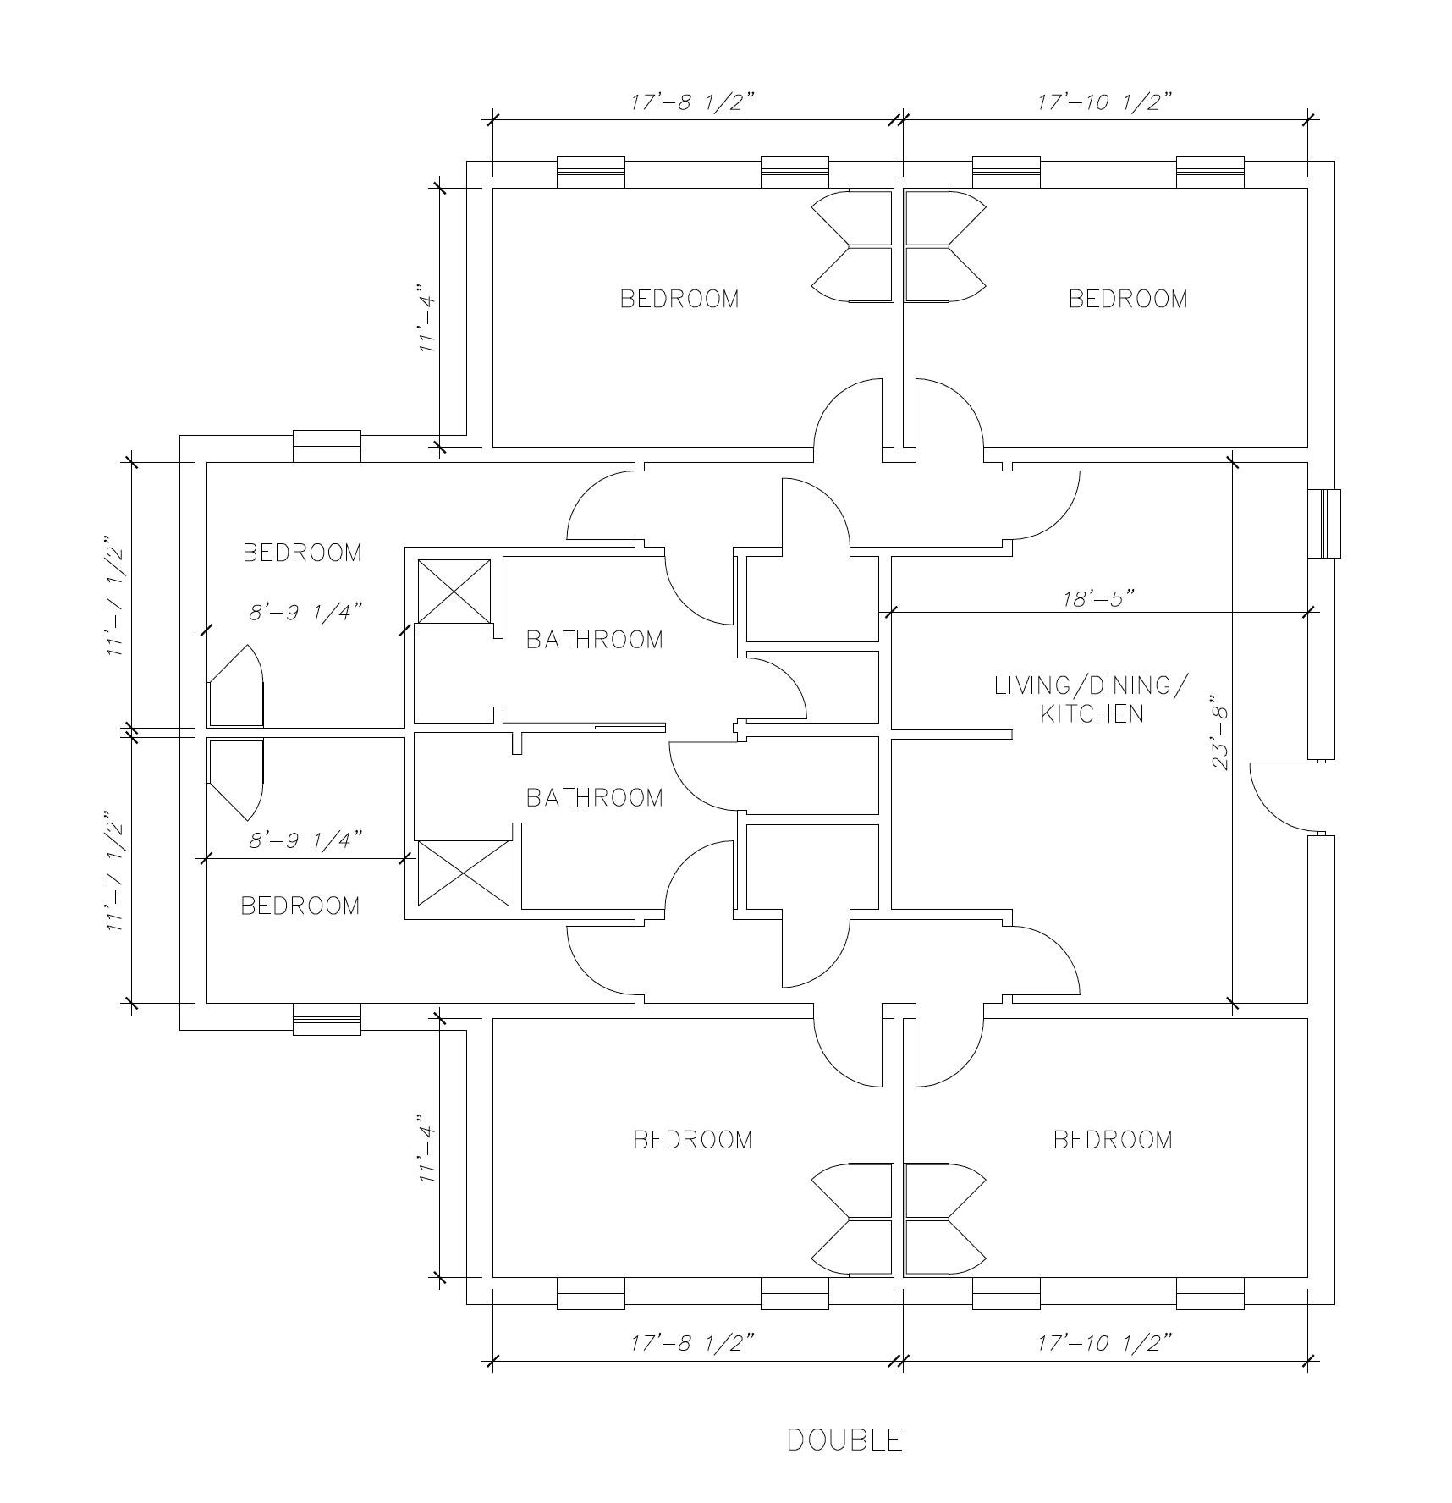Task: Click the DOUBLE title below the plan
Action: [x=844, y=1440]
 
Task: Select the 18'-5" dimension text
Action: [x=1098, y=598]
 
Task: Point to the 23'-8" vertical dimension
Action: [x=1218, y=733]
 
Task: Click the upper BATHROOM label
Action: [x=595, y=640]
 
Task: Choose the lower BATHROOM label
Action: [x=595, y=797]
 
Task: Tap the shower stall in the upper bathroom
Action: [x=454, y=591]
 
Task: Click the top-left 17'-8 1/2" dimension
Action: [x=692, y=102]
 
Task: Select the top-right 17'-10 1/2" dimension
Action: [x=1105, y=102]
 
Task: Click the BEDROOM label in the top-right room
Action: [x=1128, y=299]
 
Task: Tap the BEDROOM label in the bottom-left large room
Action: [x=300, y=906]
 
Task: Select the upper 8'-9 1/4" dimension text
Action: [x=305, y=612]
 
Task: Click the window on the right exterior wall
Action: [x=1324, y=523]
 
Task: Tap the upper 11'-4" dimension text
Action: [x=429, y=323]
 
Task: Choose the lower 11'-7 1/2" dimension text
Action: [x=116, y=872]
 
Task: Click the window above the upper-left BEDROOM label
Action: [x=327, y=446]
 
